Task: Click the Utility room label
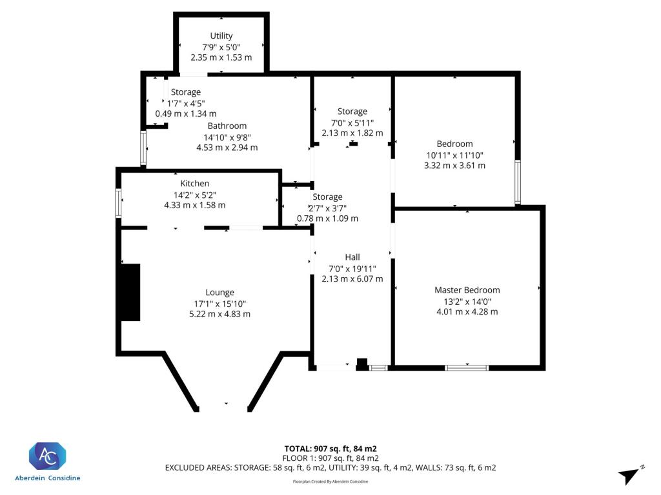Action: tap(221, 36)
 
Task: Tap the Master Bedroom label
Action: tap(467, 290)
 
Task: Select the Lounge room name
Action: tap(219, 293)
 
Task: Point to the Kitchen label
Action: tap(195, 184)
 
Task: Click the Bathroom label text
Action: tap(227, 126)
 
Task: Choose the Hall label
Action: tap(352, 257)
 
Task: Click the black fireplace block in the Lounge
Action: tap(130, 293)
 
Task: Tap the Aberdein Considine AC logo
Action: tap(47, 456)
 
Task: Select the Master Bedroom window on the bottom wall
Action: tap(467, 368)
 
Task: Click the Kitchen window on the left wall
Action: tap(119, 203)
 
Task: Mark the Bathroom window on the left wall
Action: tap(143, 148)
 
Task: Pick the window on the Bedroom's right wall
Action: tap(518, 182)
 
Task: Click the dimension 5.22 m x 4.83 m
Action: tap(219, 314)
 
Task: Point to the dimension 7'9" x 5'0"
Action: tap(221, 47)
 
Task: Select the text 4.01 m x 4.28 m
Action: tap(467, 312)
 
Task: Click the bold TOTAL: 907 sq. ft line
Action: tap(330, 449)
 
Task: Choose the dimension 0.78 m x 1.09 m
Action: tap(327, 218)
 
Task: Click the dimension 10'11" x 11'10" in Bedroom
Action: tap(454, 155)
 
